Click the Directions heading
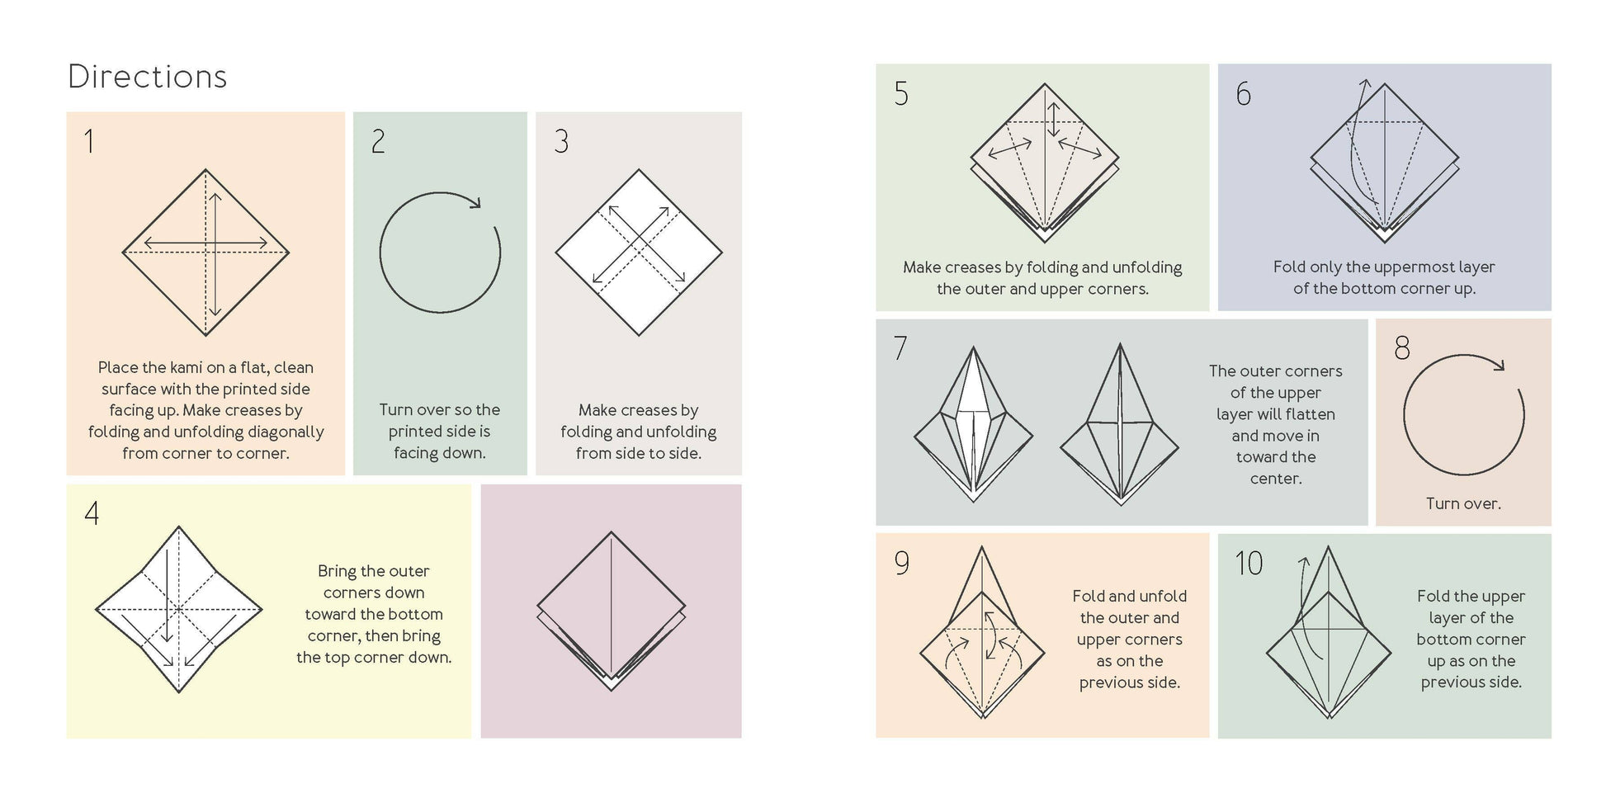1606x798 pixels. [147, 77]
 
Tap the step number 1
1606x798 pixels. [89, 142]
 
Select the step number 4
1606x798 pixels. [92, 513]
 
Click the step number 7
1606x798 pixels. [900, 348]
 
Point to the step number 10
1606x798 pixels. [1249, 564]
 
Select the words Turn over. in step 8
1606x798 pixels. [1462, 503]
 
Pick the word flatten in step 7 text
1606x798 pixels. [1309, 414]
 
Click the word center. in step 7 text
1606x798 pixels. [1275, 479]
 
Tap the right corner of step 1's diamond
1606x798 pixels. [288, 253]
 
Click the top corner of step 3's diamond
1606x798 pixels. [638, 171]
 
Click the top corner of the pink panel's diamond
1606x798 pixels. [611, 533]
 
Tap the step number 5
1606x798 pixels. [901, 93]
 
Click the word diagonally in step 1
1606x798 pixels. [281, 432]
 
